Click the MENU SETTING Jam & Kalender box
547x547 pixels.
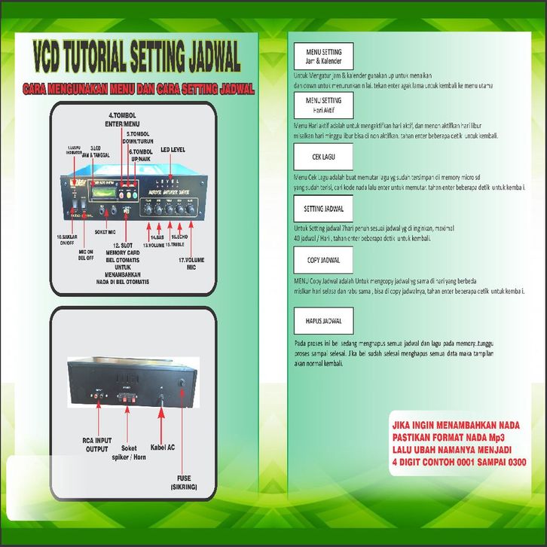coord(323,56)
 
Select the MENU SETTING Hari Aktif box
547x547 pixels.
coord(323,104)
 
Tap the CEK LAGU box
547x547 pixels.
coord(323,157)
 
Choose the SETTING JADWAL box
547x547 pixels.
coord(323,208)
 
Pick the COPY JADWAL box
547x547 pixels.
coord(323,260)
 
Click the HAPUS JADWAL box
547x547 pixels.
coord(323,321)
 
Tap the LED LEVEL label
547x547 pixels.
coord(173,150)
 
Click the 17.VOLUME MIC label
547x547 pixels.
coord(193,264)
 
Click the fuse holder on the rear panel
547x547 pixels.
coord(182,384)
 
